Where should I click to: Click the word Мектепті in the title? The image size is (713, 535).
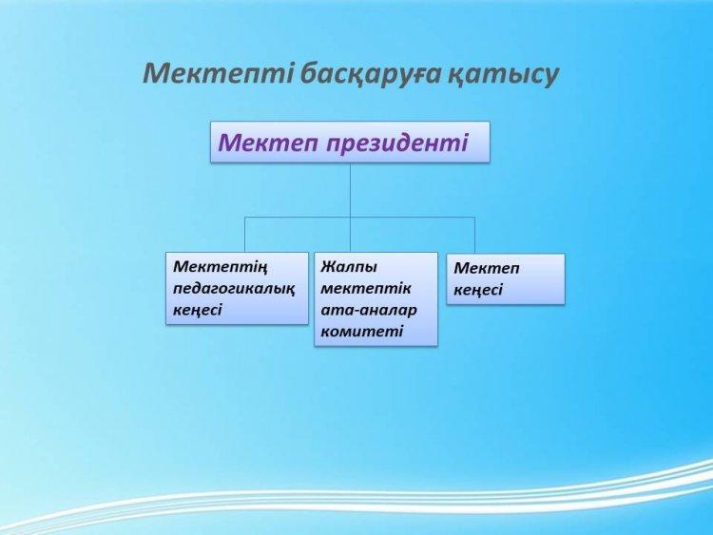point(218,73)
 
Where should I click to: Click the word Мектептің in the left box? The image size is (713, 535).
point(221,267)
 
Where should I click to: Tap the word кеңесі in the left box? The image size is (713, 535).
point(198,310)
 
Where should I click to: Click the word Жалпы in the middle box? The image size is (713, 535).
point(349,267)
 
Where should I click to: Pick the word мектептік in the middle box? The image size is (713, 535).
point(366,288)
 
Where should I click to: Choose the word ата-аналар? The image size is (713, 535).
point(369,310)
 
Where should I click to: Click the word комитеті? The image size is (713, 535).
point(362,332)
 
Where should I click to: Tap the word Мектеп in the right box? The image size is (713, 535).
point(486,268)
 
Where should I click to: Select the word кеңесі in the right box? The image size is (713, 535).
point(478,290)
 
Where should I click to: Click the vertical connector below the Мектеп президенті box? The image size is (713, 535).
point(350,207)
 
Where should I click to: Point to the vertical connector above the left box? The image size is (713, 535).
point(245,235)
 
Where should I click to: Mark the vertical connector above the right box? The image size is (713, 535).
point(474,235)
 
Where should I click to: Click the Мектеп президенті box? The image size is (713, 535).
point(350,142)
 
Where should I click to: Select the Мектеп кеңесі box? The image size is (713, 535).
point(506,279)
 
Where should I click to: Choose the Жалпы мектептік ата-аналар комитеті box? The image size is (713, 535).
point(376,299)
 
